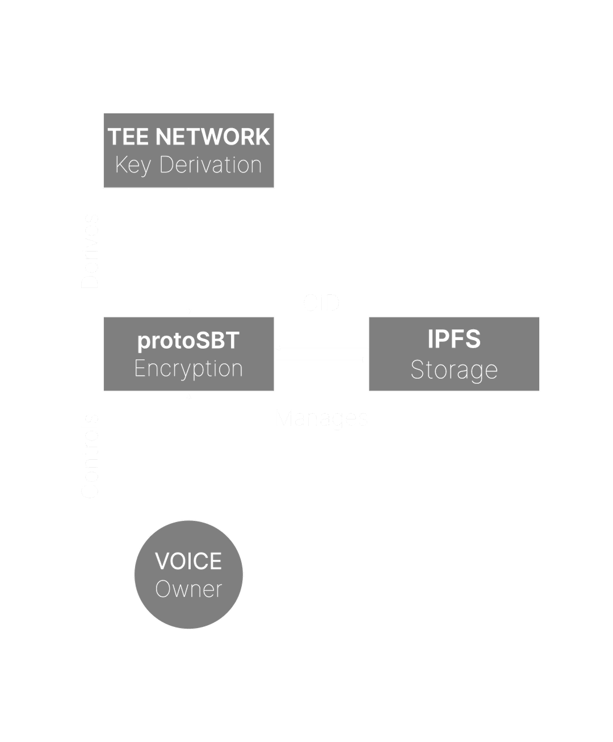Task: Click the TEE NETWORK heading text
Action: tap(188, 137)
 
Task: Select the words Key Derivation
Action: tap(188, 165)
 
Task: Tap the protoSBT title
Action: tap(188, 341)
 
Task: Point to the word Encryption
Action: tap(188, 368)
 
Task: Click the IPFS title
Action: tap(454, 339)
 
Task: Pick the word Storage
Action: tap(454, 370)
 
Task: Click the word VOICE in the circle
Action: tap(188, 561)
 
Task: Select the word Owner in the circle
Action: tap(188, 589)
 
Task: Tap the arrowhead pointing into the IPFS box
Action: tap(364, 359)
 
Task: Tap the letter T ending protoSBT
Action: tap(233, 341)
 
